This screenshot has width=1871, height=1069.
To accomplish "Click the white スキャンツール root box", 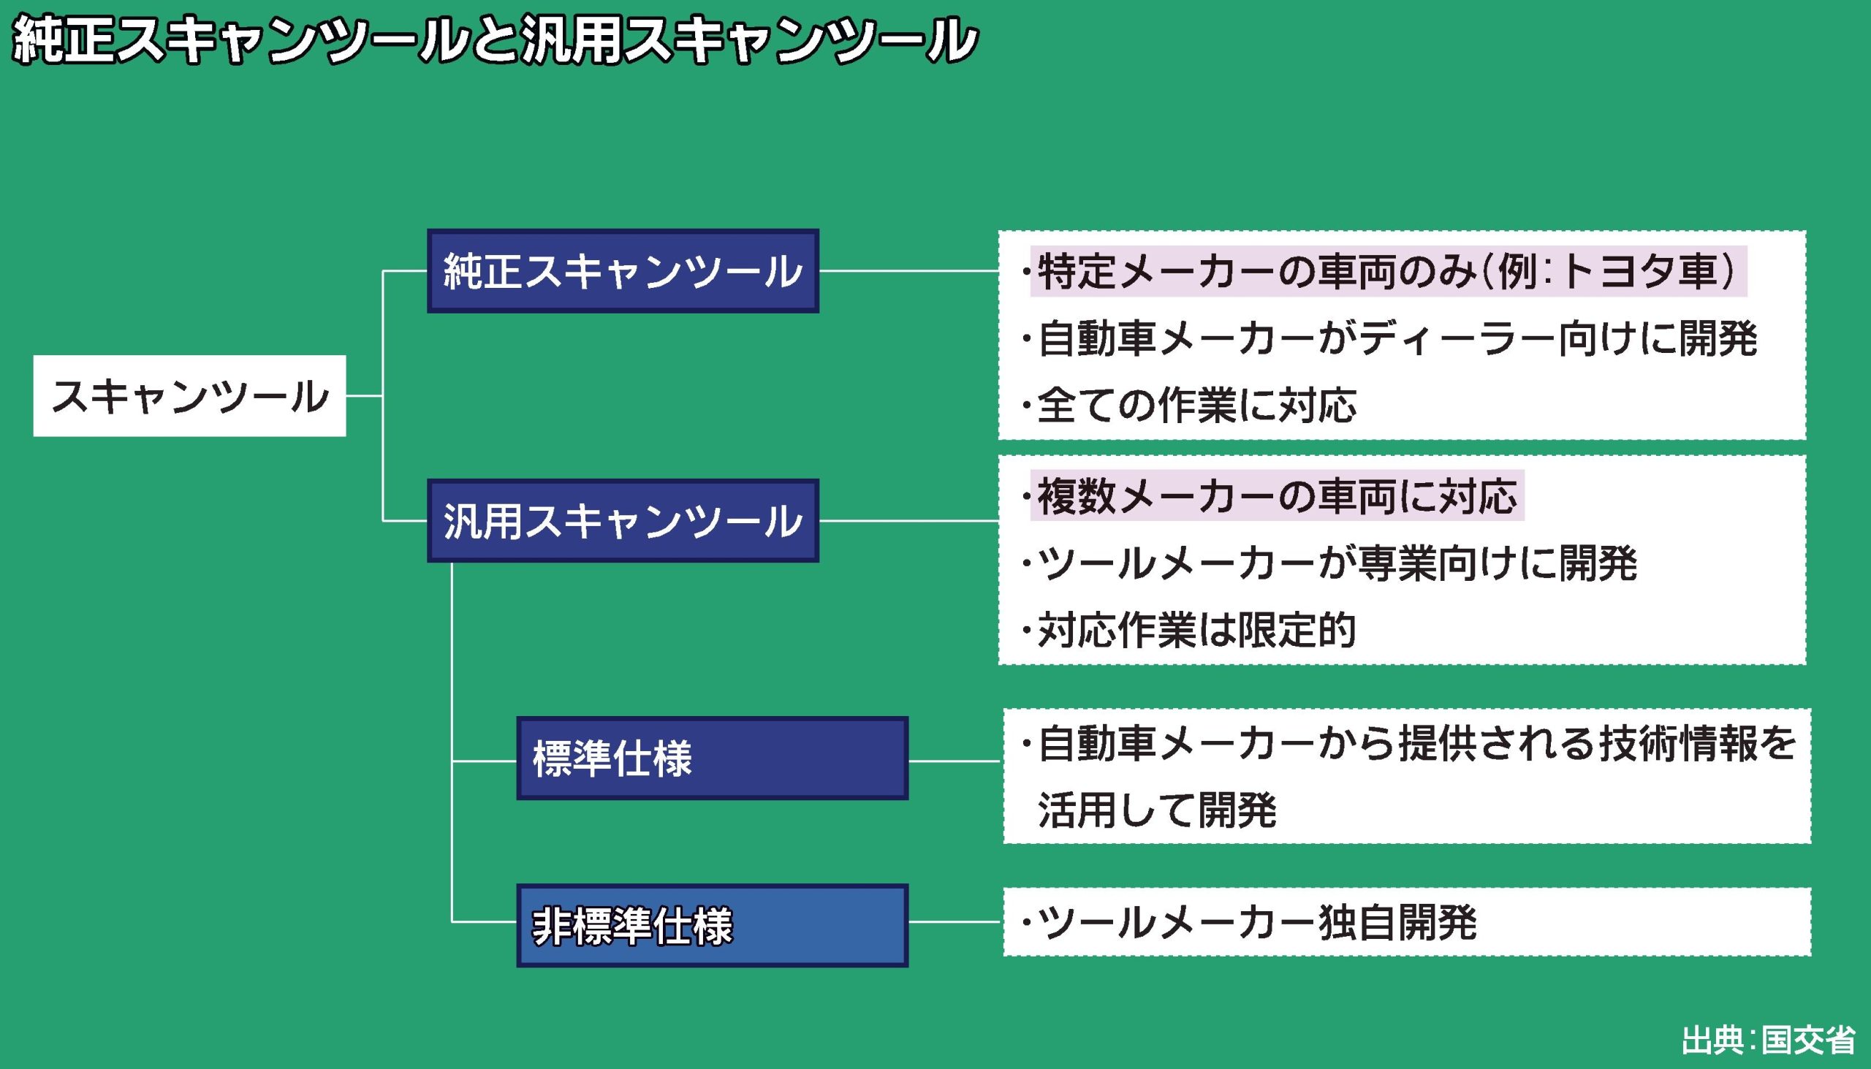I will (189, 396).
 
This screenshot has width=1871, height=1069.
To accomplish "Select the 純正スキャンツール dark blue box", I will (623, 271).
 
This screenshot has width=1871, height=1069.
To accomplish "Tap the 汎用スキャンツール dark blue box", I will (623, 520).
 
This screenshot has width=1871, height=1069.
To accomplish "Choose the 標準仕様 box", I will (712, 758).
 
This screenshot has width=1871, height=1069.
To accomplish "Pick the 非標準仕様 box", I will (712, 925).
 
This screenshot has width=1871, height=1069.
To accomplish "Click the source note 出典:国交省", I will (1767, 1041).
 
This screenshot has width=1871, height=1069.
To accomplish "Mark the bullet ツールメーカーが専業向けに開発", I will (1337, 563).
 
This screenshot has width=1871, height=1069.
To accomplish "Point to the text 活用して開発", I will (1157, 810).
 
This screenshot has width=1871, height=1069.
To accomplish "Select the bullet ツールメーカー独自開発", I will (1256, 922).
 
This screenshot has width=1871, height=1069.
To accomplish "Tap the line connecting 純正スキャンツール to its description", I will (908, 271).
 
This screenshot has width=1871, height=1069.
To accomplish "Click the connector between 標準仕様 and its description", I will (955, 761).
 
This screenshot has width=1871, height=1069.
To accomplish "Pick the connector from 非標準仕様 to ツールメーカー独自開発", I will (955, 921).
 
